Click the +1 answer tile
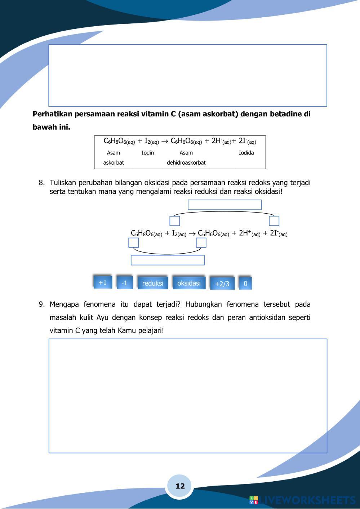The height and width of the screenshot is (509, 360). pos(103,282)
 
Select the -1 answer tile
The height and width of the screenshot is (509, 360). pos(124,283)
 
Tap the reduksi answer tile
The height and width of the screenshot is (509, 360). pos(153,283)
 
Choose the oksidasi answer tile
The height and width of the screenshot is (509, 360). pos(189,283)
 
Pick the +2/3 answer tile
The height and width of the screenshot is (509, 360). pos(222,283)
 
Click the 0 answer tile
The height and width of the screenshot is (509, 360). pos(245,283)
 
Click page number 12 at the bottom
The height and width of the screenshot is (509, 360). pos(180,486)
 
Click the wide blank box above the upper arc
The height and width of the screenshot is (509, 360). pos(225,205)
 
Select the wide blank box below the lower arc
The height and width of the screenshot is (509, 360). pos(168,260)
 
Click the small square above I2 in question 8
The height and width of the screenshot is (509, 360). pos(175,221)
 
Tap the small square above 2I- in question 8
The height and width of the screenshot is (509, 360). pos(274,221)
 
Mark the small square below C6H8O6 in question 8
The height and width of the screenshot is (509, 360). pos(134,243)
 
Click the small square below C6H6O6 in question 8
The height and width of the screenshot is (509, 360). pos(201,243)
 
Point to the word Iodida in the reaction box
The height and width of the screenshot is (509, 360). pos(246,153)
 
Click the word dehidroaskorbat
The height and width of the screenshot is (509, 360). pos(186,162)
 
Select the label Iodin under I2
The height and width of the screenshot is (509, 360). pos(148,153)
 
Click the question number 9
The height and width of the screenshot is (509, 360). pos(41,304)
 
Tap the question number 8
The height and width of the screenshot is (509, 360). pos(41,183)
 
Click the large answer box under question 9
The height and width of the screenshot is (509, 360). pos(188,396)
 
